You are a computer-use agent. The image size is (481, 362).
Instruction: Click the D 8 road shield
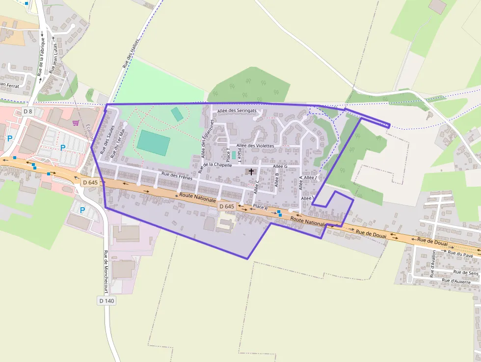27,111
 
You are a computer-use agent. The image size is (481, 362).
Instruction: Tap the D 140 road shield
107,301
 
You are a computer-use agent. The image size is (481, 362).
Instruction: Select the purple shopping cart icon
76,123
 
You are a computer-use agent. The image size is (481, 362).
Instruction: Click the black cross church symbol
252,172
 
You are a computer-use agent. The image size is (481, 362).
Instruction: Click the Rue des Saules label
104,139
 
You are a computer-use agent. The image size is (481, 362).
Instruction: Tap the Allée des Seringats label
237,111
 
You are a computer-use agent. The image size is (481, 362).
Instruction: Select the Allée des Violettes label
255,145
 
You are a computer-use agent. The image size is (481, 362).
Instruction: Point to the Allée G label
280,167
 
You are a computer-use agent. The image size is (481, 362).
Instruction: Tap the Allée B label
277,180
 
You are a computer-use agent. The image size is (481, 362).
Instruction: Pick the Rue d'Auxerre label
456,281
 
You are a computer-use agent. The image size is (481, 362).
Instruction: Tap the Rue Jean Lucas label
55,58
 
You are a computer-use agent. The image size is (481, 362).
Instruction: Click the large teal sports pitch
154,143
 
